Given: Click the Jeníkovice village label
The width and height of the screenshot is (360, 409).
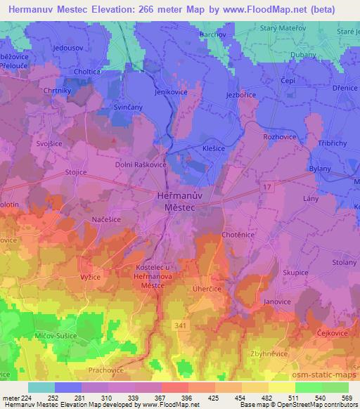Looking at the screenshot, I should coord(172,92).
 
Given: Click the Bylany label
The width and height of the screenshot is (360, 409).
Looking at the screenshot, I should coord(320,170).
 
